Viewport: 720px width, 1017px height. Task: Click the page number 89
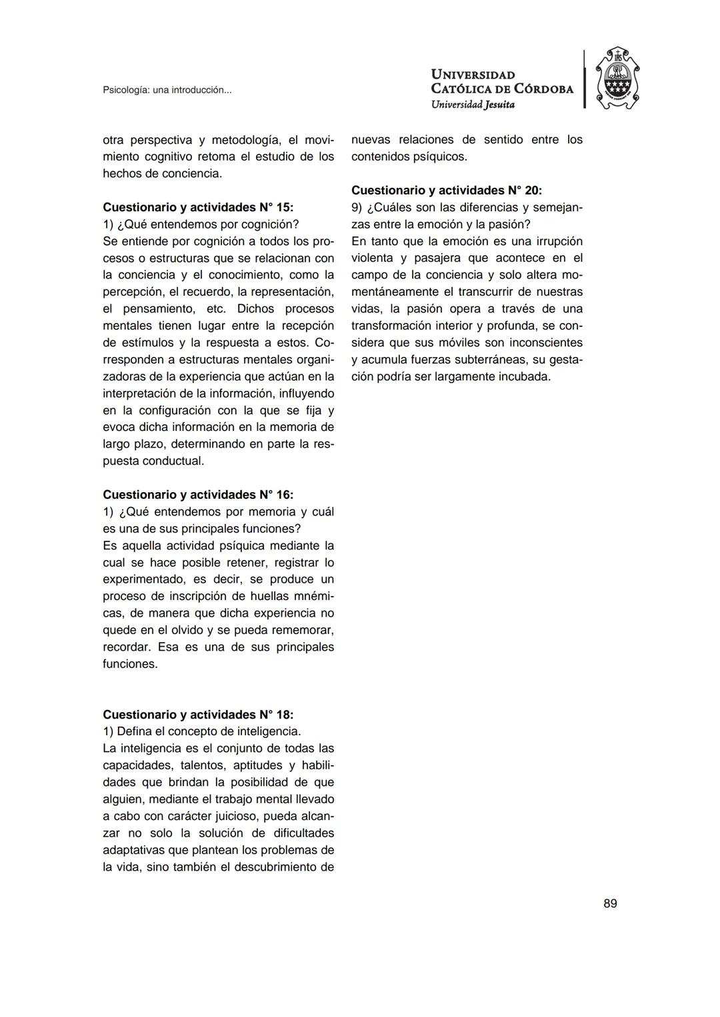(609, 903)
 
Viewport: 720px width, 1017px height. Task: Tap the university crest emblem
(617, 79)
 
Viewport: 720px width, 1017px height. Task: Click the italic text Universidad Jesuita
(472, 104)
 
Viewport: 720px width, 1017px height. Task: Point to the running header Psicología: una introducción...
(167, 90)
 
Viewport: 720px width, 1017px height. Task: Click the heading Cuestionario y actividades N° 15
(197, 207)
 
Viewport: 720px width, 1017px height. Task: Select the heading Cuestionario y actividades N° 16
(197, 494)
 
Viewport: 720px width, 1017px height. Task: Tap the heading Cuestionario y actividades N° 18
(197, 714)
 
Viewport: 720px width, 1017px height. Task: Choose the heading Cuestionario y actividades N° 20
(446, 190)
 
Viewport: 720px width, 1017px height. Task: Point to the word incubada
(525, 376)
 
